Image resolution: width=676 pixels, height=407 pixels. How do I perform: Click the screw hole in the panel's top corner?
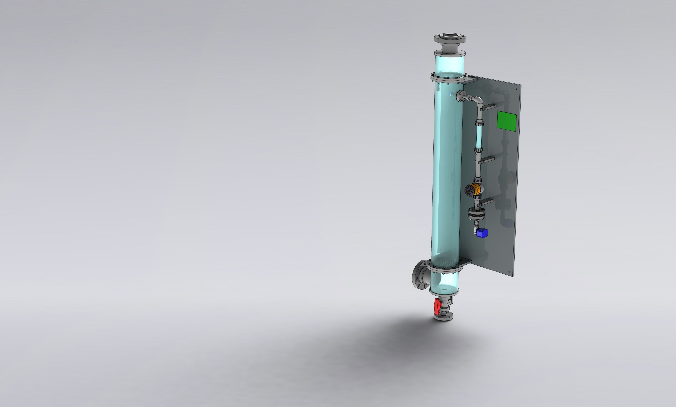coord(516,89)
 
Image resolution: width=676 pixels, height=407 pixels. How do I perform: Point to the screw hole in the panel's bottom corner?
coord(509,272)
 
